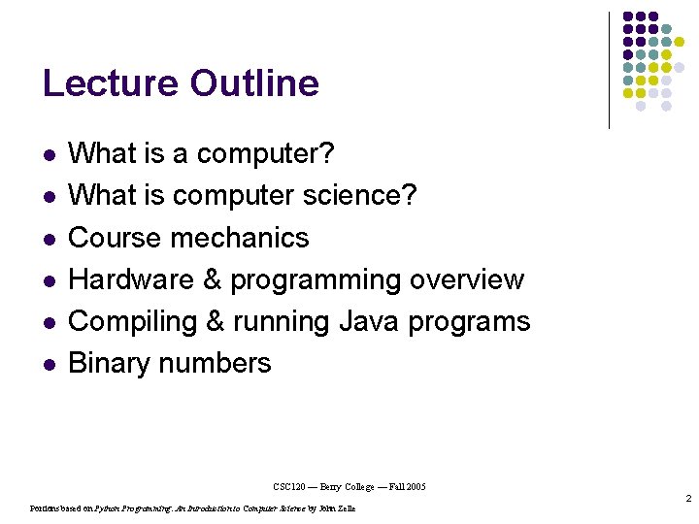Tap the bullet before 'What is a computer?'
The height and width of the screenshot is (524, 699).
(x=50, y=154)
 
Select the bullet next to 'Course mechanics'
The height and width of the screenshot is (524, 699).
(x=50, y=238)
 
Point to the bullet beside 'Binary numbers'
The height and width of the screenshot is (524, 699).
(x=50, y=364)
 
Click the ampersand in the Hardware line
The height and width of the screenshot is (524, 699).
(x=213, y=279)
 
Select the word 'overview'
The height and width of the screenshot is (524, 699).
(x=467, y=279)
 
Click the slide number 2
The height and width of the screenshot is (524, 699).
(x=687, y=499)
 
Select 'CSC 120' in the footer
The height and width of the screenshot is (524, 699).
(x=290, y=486)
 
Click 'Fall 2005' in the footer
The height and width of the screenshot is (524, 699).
(x=406, y=486)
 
